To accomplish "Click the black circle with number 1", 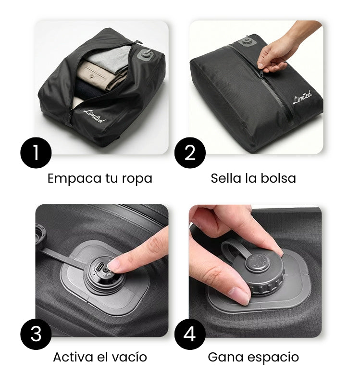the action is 36,153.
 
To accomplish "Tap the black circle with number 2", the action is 190,153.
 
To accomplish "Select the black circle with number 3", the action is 36,334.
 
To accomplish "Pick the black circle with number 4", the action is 190,334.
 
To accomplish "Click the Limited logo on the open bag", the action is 94,116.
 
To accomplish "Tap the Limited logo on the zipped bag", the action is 302,97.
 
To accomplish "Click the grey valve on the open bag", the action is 146,54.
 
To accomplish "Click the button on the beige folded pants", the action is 92,76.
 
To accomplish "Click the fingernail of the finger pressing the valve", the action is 113,265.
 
